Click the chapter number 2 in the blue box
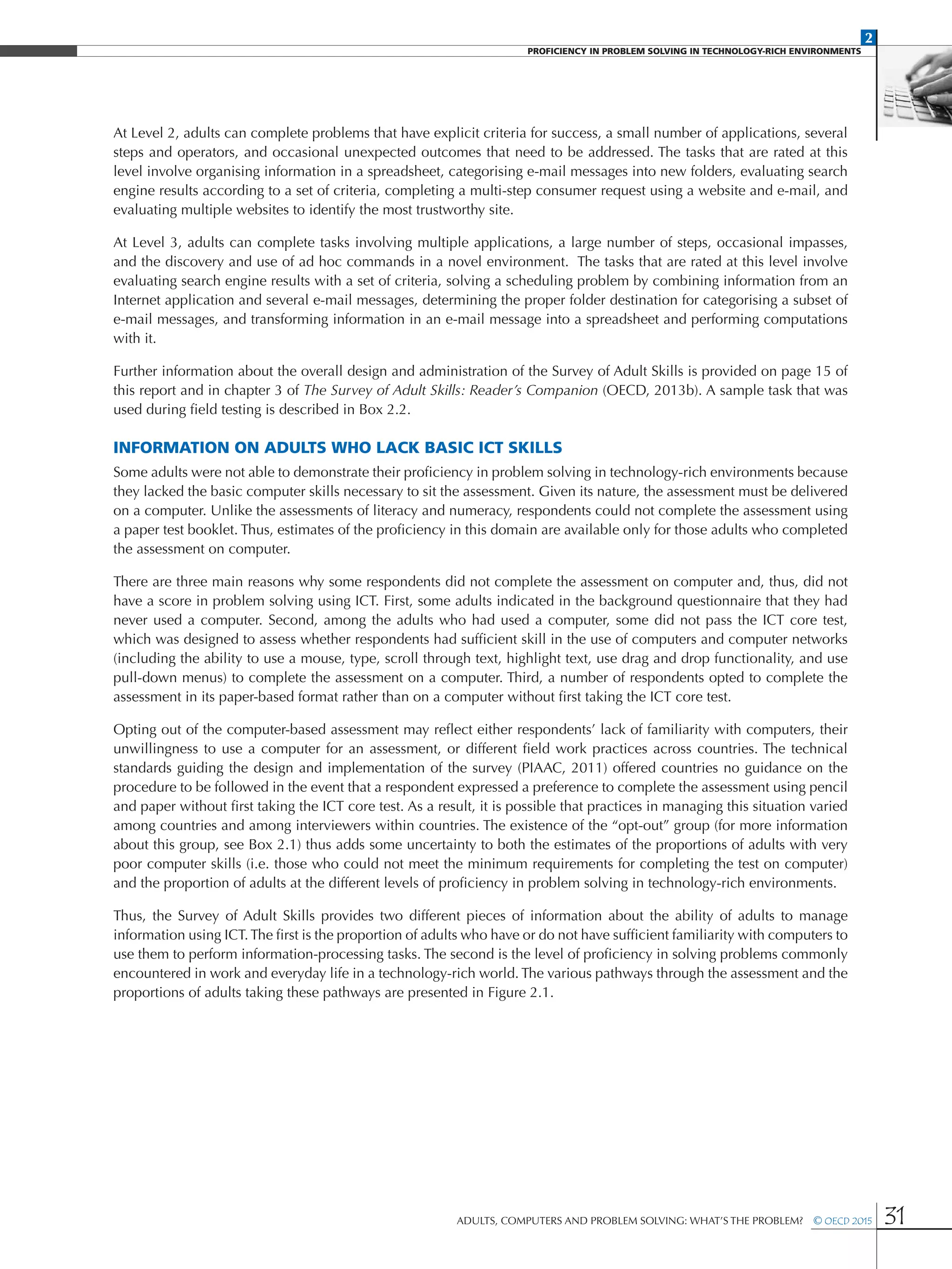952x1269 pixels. pyautogui.click(x=868, y=38)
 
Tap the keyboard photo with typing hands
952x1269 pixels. pyautogui.click(x=916, y=92)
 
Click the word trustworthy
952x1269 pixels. pyautogui.click(x=443, y=210)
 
